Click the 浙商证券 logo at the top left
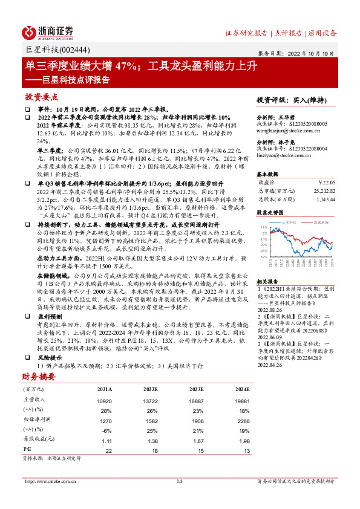48,32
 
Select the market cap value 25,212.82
321,190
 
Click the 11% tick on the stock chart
264,227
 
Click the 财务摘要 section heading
39,377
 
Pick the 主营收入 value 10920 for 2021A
105,400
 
